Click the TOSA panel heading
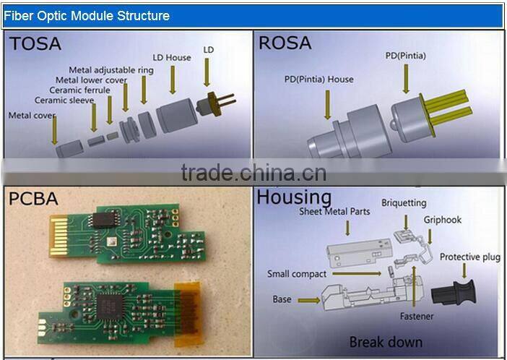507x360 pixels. click(x=35, y=45)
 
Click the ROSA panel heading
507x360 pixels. click(x=285, y=43)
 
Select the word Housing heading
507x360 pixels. click(x=294, y=197)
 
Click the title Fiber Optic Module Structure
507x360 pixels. click(x=87, y=15)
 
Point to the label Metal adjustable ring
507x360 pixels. click(x=104, y=70)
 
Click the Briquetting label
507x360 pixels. click(x=404, y=203)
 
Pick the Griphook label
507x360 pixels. click(x=443, y=219)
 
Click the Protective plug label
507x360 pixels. click(x=470, y=257)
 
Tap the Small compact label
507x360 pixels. click(x=296, y=274)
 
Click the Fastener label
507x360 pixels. click(x=417, y=316)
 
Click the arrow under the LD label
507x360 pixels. click(x=207, y=78)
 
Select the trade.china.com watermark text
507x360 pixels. click(x=253, y=174)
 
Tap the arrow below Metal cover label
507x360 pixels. click(x=54, y=131)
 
